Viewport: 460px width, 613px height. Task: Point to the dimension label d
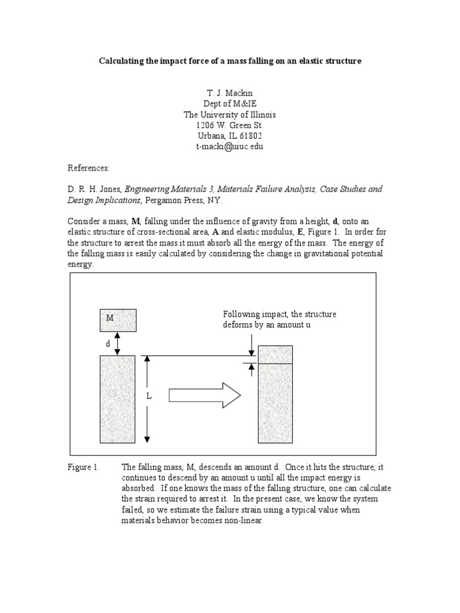coord(108,344)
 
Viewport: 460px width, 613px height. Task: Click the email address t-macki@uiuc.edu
coord(230,146)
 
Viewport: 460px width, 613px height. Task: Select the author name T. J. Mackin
coord(230,93)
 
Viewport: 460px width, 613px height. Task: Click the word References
coord(87,168)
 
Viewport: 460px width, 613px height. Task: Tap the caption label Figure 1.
coord(83,467)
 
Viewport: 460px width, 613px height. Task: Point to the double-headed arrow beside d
coord(117,343)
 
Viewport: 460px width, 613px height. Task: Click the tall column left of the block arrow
coord(117,399)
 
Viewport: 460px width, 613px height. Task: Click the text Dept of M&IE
coord(230,104)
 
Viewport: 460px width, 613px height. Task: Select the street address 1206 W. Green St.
coord(230,125)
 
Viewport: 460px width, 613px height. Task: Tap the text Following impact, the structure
coord(279,314)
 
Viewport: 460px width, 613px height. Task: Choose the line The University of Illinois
coord(230,114)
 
